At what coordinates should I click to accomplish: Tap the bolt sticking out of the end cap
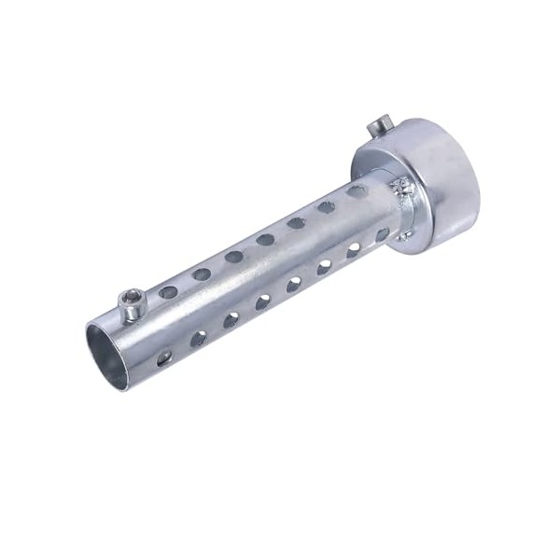pyautogui.click(x=378, y=122)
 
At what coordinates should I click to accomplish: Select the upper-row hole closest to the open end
pyautogui.click(x=168, y=292)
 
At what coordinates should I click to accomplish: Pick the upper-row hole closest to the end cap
pyautogui.click(x=356, y=191)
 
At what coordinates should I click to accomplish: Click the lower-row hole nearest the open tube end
pyautogui.click(x=165, y=357)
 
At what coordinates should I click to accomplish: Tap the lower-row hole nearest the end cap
pyautogui.click(x=382, y=234)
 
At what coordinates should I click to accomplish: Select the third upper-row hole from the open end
pyautogui.click(x=233, y=257)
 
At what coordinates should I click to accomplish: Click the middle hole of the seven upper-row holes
pyautogui.click(x=265, y=240)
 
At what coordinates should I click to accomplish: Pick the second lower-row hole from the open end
pyautogui.click(x=199, y=338)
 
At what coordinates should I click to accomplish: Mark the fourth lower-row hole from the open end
pyautogui.click(x=263, y=301)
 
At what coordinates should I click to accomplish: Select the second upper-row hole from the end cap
pyautogui.click(x=327, y=207)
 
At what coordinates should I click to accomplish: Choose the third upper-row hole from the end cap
pyautogui.click(x=296, y=223)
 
